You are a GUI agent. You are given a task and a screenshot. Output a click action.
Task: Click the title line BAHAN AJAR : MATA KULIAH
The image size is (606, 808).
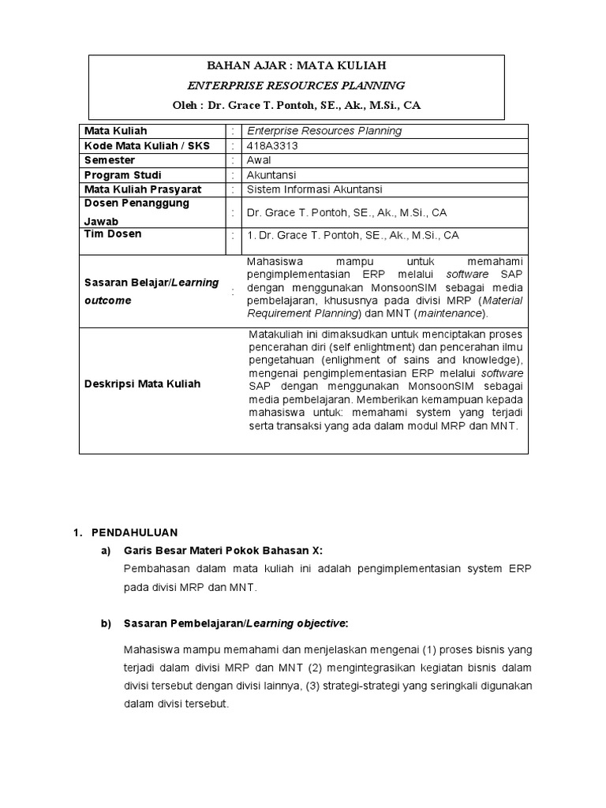click(296, 65)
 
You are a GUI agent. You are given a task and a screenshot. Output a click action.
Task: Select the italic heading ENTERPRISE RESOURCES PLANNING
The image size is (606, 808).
click(296, 85)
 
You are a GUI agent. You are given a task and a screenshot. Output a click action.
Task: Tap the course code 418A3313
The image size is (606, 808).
click(273, 146)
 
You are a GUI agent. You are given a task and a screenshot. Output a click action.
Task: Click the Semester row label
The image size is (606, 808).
click(110, 160)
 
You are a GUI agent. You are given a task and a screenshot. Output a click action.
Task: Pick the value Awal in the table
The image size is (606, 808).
click(259, 160)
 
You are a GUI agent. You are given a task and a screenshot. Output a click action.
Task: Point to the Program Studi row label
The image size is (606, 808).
click(118, 174)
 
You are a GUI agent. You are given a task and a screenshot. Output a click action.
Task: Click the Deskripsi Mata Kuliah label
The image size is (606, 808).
click(142, 384)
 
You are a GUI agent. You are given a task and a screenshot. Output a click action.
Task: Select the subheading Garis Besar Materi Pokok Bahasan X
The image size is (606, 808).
click(223, 549)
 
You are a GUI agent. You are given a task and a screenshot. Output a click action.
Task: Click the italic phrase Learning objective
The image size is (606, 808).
click(296, 623)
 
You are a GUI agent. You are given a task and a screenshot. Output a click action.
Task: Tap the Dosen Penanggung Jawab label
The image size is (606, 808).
click(137, 211)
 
